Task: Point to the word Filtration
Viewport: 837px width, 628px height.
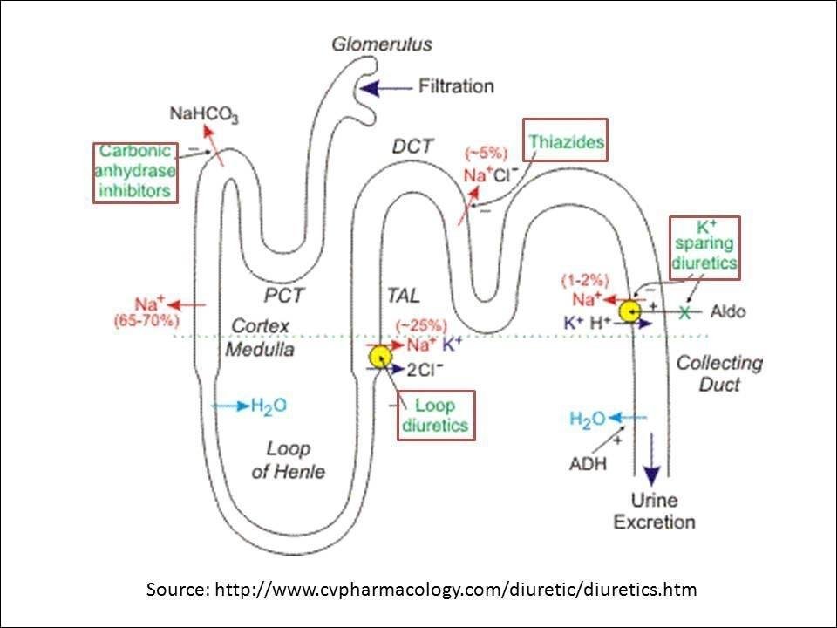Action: pyautogui.click(x=456, y=86)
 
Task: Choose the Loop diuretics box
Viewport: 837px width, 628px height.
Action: pyautogui.click(x=436, y=415)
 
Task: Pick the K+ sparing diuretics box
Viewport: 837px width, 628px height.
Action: pyautogui.click(x=704, y=248)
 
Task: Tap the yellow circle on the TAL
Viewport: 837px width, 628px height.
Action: pyautogui.click(x=380, y=356)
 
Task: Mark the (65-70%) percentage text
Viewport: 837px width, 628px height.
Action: pyautogui.click(x=146, y=321)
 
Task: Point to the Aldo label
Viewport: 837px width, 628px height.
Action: pyautogui.click(x=728, y=311)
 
